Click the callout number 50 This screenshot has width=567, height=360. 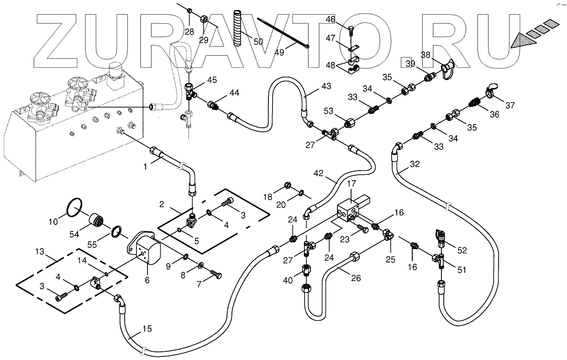coord(258,42)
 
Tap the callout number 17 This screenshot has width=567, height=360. coord(351,184)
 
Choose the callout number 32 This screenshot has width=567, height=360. coord(414,164)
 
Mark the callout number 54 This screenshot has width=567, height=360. coord(87,233)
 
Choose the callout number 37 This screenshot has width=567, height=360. coord(509,105)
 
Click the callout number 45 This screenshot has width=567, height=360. coord(212,80)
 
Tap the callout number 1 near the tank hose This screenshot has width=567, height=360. coord(145,167)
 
